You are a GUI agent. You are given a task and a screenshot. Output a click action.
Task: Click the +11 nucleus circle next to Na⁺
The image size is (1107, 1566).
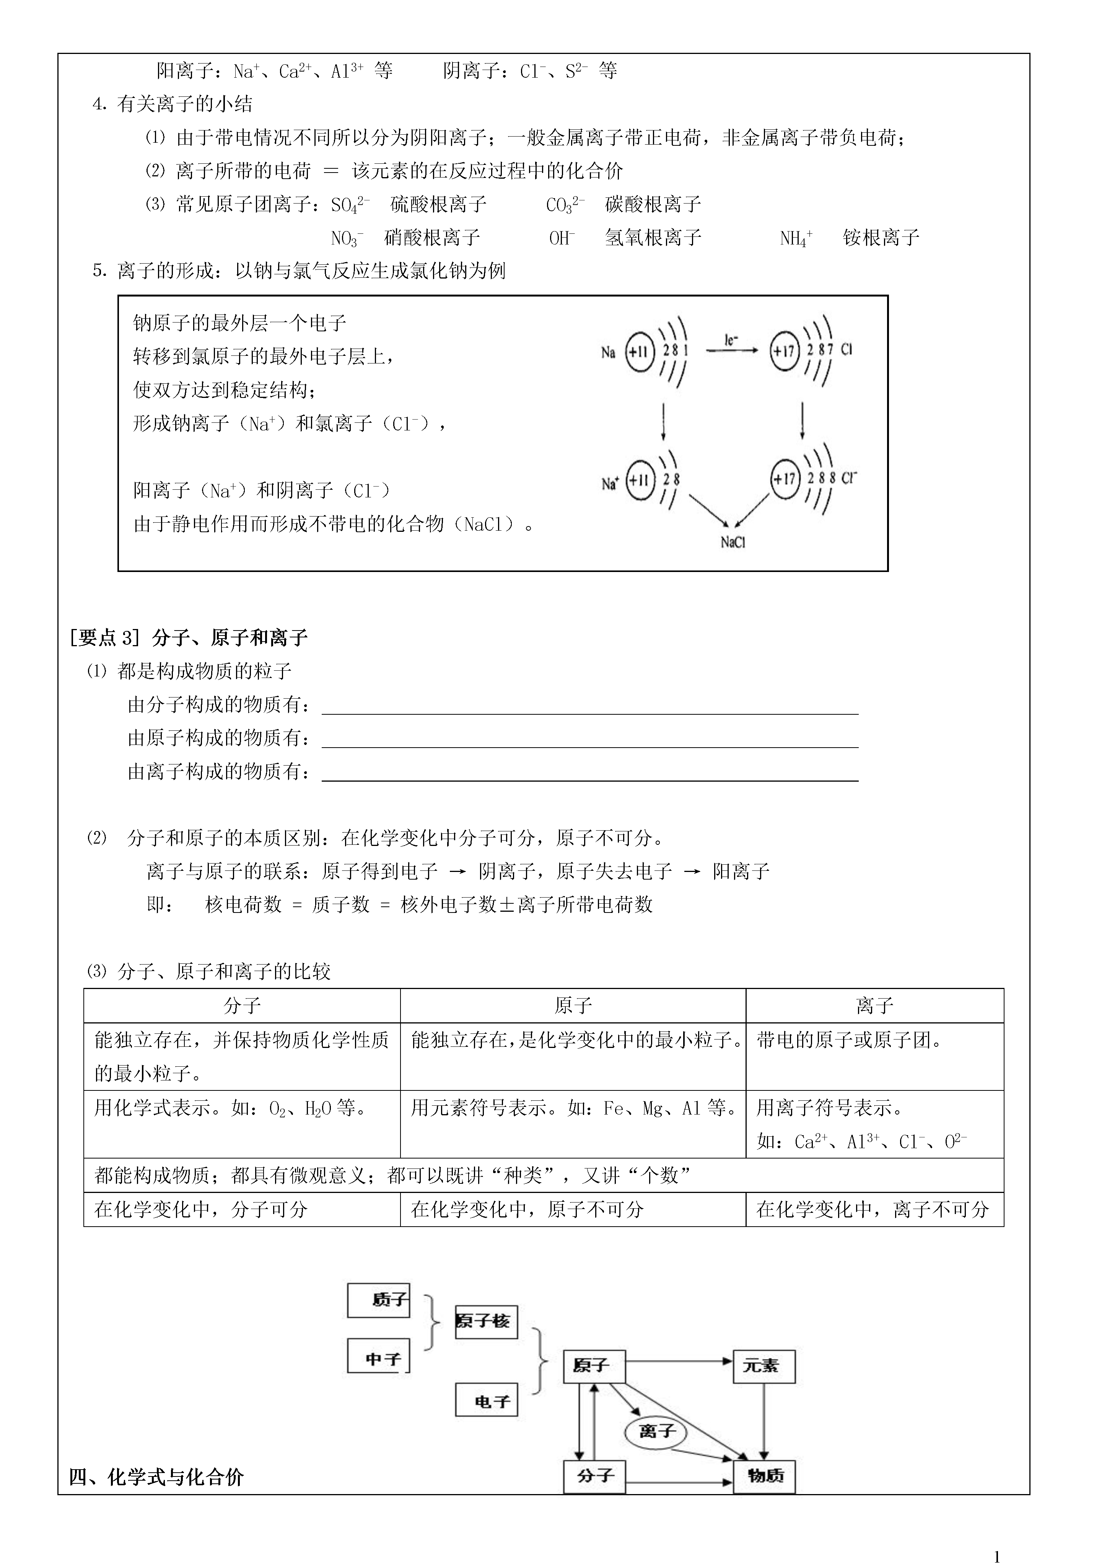pos(640,480)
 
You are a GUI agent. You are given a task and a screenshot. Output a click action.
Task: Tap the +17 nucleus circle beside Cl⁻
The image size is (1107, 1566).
pos(785,479)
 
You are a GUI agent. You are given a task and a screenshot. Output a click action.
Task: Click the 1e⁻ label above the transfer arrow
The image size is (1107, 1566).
pos(731,339)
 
